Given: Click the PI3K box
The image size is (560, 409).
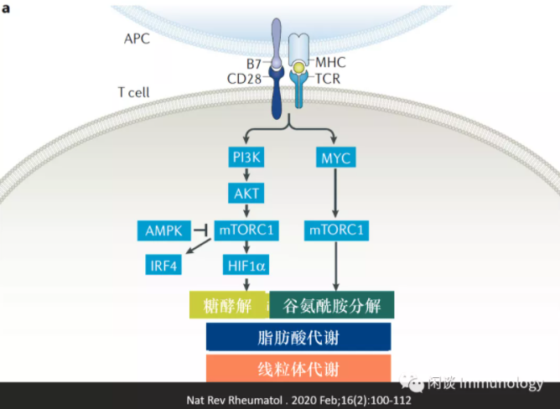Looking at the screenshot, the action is click(246, 157).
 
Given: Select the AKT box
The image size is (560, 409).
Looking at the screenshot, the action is click(246, 193).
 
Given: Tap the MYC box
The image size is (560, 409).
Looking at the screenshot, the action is click(335, 158).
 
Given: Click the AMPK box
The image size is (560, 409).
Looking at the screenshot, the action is click(164, 230).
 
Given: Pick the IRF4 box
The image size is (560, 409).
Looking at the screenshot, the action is click(163, 265).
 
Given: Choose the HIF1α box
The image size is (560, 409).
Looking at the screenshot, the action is click(246, 265).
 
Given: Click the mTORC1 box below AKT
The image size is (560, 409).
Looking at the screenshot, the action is click(246, 230).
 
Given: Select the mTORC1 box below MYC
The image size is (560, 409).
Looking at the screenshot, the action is click(336, 230).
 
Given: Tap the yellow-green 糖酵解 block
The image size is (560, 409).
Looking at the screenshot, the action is click(230, 305).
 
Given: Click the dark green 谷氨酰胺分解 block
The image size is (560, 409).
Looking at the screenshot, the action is click(332, 305).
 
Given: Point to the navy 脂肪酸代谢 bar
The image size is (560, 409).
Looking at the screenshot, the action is click(298, 337).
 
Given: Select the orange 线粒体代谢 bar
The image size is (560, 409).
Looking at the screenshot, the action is click(298, 368).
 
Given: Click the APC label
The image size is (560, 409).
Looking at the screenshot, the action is click(137, 39).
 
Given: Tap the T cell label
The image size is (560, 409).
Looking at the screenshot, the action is click(134, 92).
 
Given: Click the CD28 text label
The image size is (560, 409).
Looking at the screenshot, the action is click(244, 79).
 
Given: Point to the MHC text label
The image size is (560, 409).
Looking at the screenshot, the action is click(330, 62).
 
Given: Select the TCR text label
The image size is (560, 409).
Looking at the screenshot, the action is click(328, 79).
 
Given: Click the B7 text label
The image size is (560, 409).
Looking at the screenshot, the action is click(254, 64).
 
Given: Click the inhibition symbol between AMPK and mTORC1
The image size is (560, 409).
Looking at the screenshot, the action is click(201, 230).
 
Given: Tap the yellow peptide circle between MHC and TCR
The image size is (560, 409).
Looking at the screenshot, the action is click(298, 67).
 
